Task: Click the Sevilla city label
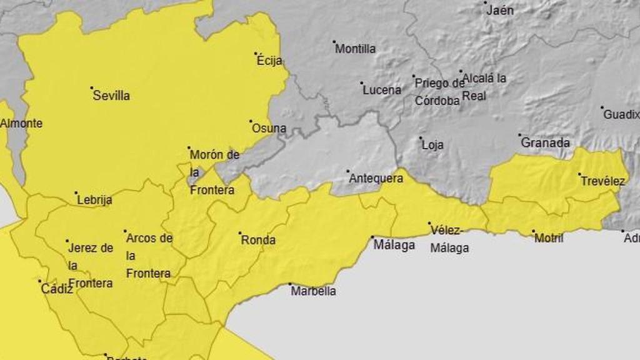111,96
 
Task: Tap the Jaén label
499,11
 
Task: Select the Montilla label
356,49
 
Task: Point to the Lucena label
382,90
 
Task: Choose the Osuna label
269,129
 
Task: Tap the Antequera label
376,178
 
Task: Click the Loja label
432,145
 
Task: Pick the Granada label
545,143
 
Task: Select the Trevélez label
602,181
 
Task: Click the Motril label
549,238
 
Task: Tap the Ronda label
258,240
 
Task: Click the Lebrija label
94,201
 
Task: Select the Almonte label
21,123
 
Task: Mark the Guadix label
621,115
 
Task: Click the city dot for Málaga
372,237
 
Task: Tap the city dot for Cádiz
40,281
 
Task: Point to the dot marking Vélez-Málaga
429,223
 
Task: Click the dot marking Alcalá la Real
461,71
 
